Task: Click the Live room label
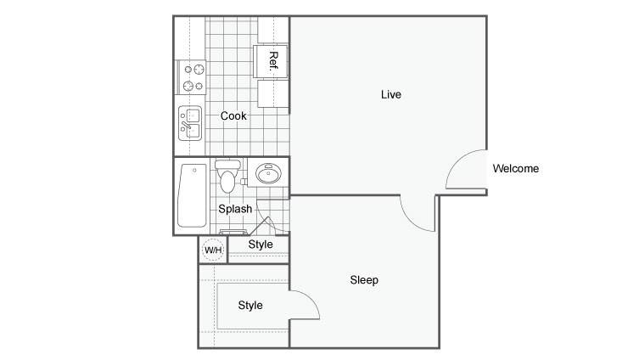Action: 391,94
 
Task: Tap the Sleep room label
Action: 364,280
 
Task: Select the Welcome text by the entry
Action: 515,168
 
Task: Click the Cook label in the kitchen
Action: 233,115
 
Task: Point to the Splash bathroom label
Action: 235,209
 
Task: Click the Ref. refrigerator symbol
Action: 270,62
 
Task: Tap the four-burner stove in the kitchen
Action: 191,77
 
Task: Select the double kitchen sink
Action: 190,123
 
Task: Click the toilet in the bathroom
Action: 227,176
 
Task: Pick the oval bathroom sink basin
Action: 268,174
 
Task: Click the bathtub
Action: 193,195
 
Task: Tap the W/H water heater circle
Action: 213,250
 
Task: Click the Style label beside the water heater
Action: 261,245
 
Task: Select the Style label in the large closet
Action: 250,305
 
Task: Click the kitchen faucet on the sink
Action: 186,124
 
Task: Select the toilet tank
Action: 227,165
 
